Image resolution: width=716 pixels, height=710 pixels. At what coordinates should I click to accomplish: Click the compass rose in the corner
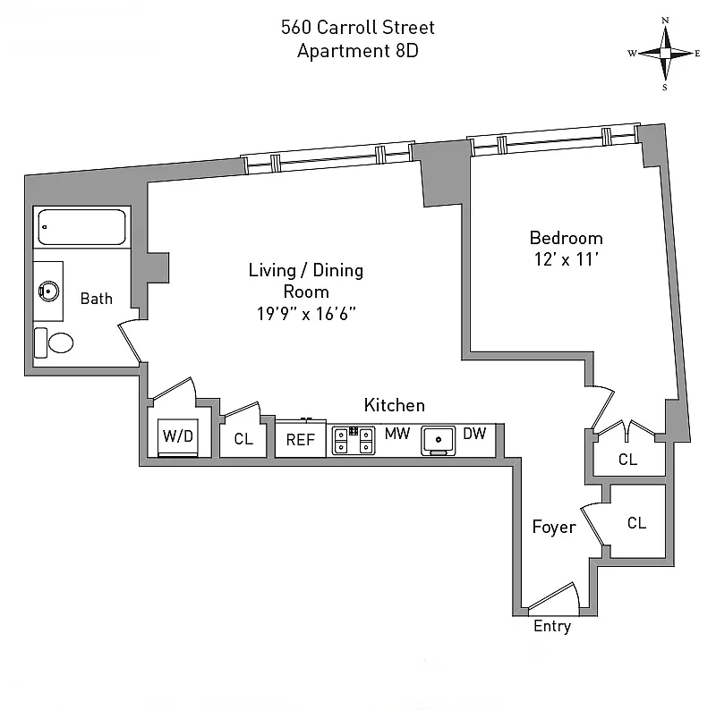[665, 53]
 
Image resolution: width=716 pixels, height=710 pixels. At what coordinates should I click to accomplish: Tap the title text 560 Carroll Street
[358, 27]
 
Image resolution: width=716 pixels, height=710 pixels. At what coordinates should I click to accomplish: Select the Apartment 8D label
[358, 50]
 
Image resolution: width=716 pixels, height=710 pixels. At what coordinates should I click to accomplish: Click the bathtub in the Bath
[81, 227]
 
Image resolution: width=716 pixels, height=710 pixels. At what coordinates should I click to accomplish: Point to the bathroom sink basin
[50, 291]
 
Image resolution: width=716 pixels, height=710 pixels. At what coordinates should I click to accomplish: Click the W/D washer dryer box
[178, 437]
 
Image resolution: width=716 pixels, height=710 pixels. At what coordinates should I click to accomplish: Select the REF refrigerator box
[300, 439]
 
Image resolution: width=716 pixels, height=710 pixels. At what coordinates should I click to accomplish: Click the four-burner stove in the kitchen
[354, 439]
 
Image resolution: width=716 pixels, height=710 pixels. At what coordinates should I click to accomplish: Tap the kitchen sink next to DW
[438, 439]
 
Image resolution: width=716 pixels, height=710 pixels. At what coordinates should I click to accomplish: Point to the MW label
[396, 434]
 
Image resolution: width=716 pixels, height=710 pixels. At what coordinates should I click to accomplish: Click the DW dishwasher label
[474, 434]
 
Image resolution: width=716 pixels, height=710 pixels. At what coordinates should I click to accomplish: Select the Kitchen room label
[394, 405]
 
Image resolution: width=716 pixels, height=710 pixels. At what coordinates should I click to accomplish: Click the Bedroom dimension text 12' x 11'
[566, 260]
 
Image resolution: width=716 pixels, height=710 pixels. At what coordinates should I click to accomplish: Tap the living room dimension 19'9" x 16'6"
[305, 313]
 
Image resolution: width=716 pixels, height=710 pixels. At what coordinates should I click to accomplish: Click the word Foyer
[553, 528]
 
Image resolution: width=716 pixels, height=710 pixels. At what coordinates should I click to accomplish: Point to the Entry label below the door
[551, 626]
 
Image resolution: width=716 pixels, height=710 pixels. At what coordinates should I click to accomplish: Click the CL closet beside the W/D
[243, 439]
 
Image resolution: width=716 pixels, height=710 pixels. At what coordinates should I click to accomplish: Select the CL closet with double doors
[628, 460]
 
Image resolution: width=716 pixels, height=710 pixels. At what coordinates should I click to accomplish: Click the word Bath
[97, 299]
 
